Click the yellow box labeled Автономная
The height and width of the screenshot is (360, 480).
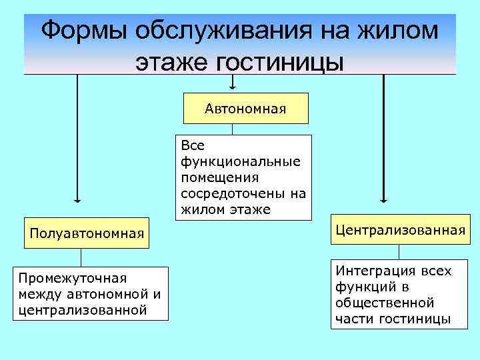[x=245, y=108]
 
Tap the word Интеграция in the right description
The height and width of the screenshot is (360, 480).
[x=373, y=271]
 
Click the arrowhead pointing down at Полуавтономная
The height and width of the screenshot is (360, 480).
[x=77, y=199]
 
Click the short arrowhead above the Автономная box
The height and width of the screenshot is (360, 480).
[x=233, y=86]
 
